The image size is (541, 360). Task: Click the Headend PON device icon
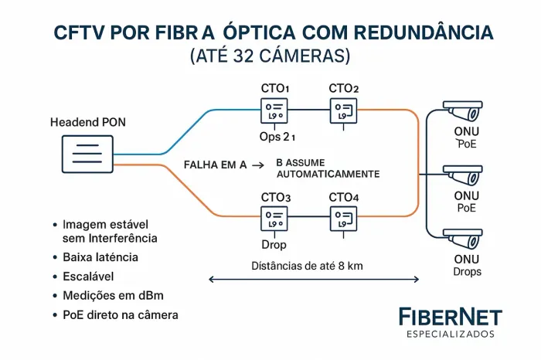pyautogui.click(x=86, y=154)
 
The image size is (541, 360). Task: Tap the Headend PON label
pyautogui.click(x=87, y=123)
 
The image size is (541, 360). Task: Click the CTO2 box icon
pyautogui.click(x=343, y=110)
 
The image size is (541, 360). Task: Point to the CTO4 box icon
pyautogui.click(x=343, y=219)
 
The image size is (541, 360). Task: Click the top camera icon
pyautogui.click(x=461, y=113)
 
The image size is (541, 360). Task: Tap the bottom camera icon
pyautogui.click(x=461, y=239)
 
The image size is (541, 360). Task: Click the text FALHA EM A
pyautogui.click(x=216, y=165)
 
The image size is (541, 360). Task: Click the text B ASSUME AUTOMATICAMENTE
pyautogui.click(x=328, y=169)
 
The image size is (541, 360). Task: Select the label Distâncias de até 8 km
pyautogui.click(x=308, y=267)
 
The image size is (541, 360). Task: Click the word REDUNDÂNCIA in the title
pyautogui.click(x=421, y=33)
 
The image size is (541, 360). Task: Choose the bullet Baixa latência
pyautogui.click(x=100, y=256)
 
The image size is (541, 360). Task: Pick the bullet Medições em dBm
pyautogui.click(x=107, y=295)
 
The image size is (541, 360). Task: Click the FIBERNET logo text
pyautogui.click(x=450, y=317)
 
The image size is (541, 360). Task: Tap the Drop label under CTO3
pyautogui.click(x=274, y=245)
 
